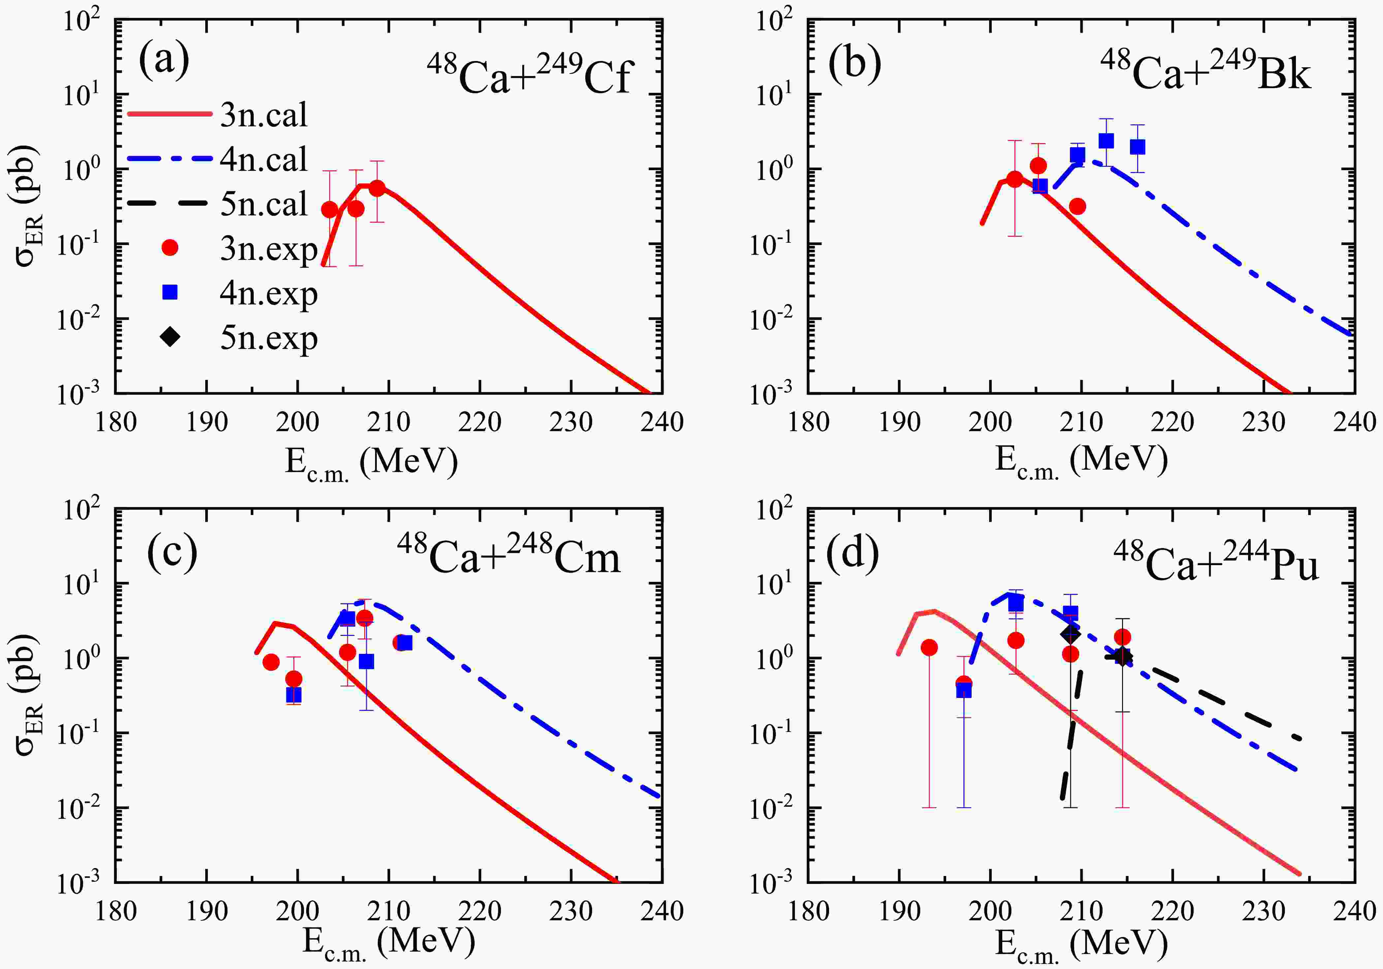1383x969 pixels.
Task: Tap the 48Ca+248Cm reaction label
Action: click(x=509, y=555)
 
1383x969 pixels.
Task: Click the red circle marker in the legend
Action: click(x=171, y=247)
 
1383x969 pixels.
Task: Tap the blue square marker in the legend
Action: click(x=171, y=293)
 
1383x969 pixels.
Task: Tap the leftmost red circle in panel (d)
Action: click(x=929, y=647)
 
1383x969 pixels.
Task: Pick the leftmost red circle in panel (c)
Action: click(x=271, y=662)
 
